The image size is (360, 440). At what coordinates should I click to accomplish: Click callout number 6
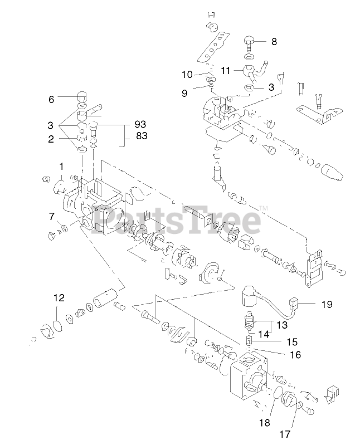[51, 99]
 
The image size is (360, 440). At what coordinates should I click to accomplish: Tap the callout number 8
[274, 41]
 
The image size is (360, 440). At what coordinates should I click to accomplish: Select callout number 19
[327, 304]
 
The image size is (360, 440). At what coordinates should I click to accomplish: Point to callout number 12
[59, 297]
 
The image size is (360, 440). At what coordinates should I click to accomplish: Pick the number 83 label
[141, 136]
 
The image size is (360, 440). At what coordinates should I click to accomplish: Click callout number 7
[51, 216]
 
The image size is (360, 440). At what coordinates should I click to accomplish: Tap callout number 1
[61, 166]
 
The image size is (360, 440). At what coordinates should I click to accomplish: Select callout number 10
[187, 74]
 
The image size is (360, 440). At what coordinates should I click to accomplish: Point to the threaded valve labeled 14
[249, 322]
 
